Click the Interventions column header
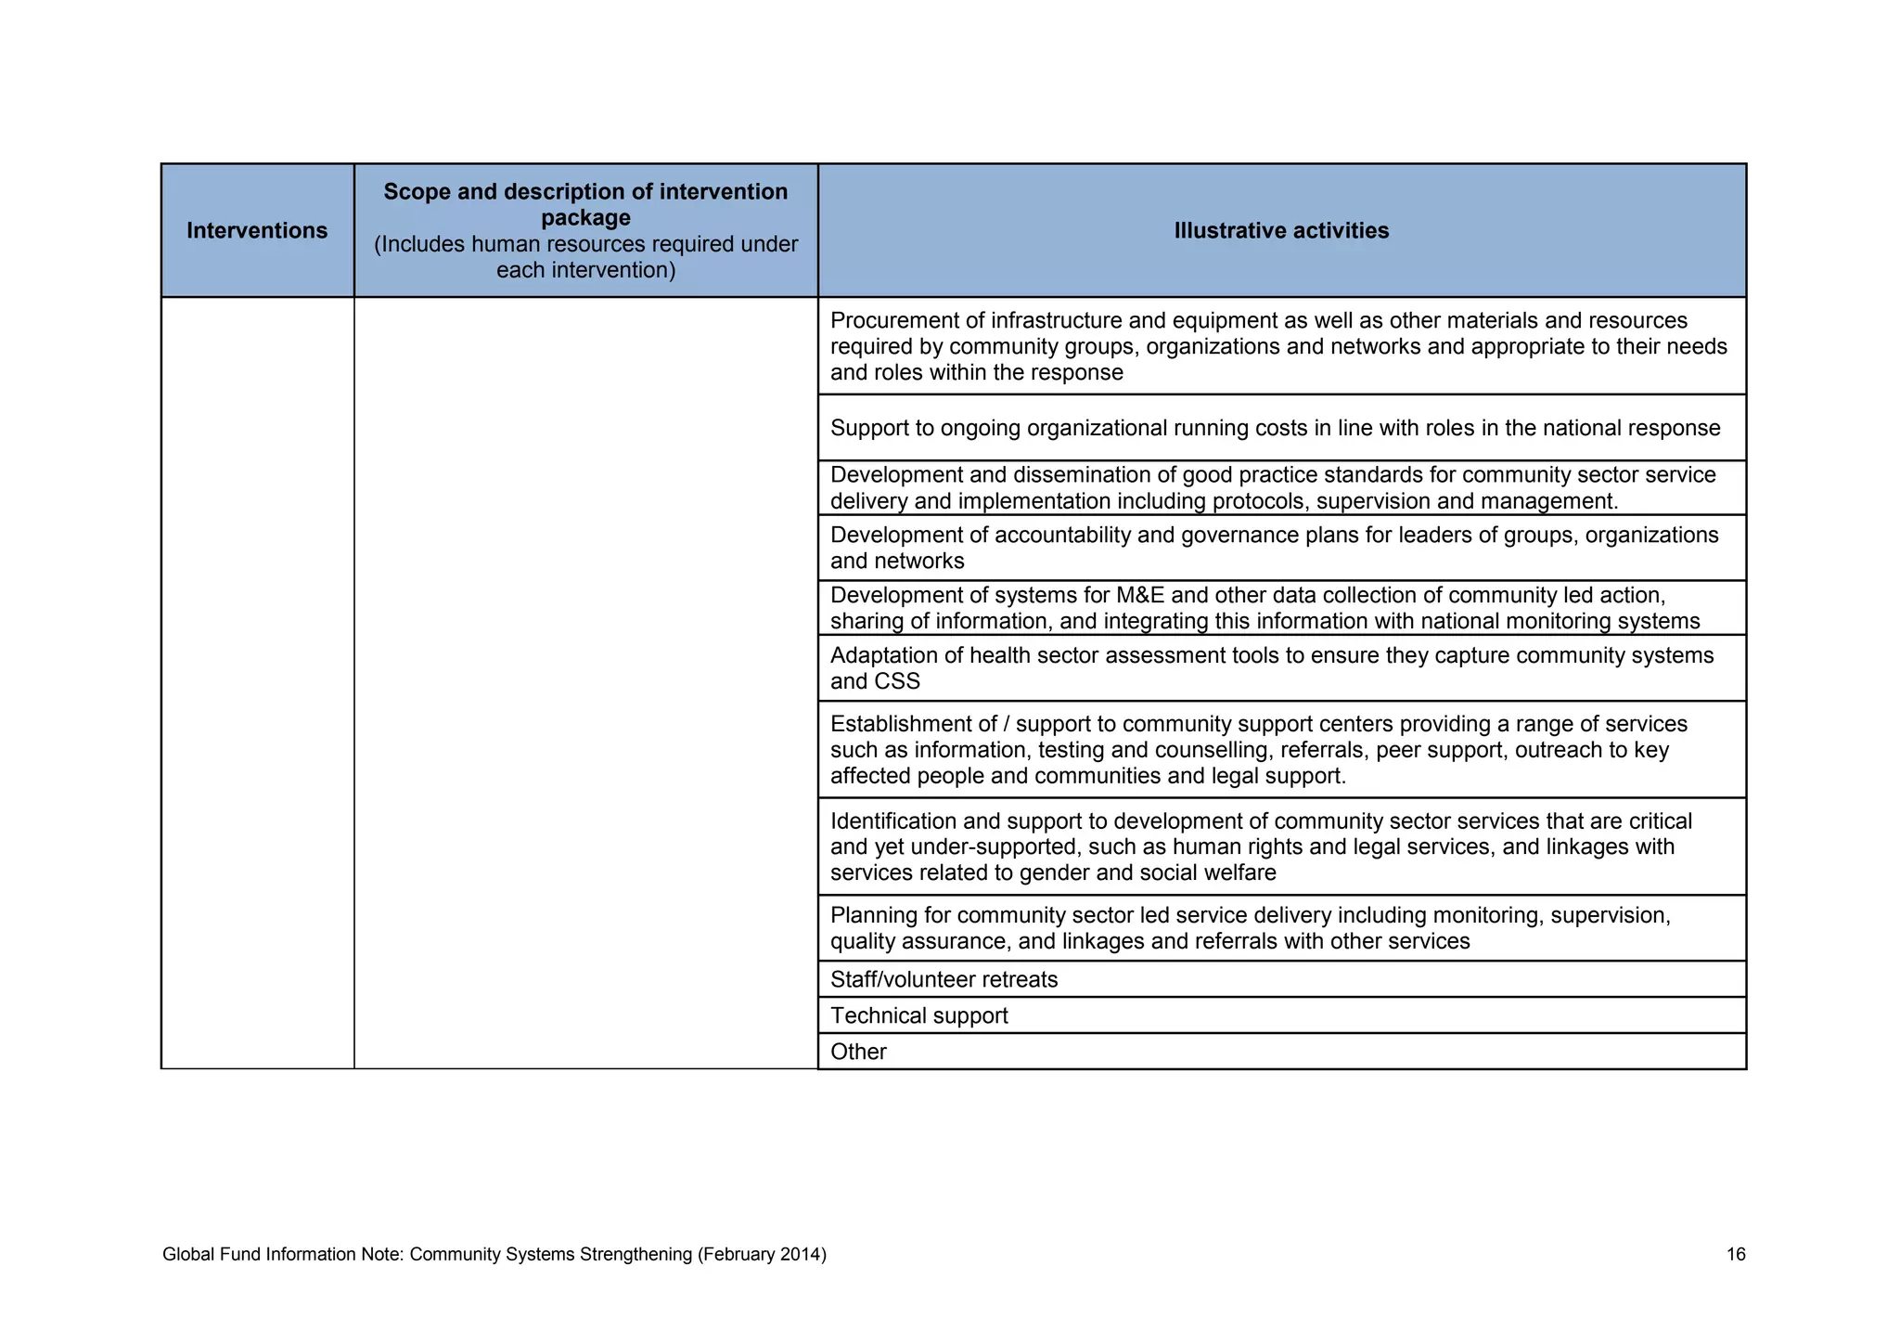257,230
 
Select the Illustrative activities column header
1281,230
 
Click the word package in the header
585,218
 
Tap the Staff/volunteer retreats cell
944,979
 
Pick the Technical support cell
918,1015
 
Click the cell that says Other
858,1052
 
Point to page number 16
1736,1255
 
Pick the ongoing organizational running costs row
1275,428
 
